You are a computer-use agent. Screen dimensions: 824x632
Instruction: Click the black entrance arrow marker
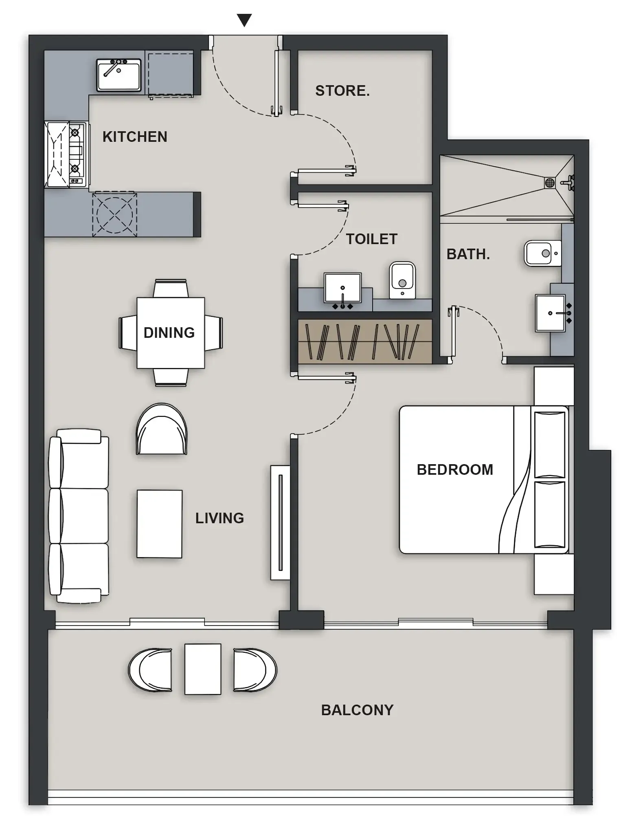click(x=244, y=20)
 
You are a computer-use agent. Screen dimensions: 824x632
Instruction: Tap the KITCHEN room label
click(x=135, y=137)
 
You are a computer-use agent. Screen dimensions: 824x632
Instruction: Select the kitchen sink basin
click(x=118, y=75)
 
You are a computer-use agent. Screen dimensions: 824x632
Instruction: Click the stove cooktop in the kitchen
click(x=75, y=155)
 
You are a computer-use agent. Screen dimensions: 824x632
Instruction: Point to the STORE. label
click(x=342, y=91)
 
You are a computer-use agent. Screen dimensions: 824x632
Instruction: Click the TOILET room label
click(x=371, y=239)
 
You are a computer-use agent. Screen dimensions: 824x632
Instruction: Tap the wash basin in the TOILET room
click(x=342, y=288)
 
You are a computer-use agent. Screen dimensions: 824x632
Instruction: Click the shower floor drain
click(x=549, y=182)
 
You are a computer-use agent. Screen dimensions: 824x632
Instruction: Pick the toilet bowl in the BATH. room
click(x=542, y=253)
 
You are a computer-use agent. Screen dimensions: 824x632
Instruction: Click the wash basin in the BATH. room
click(x=550, y=313)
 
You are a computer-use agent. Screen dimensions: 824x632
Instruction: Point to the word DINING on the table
click(x=169, y=333)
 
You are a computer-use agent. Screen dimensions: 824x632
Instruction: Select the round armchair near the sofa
click(x=162, y=430)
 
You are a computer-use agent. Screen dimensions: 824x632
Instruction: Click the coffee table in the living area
click(x=159, y=524)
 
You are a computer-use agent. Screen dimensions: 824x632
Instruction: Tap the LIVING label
click(x=219, y=518)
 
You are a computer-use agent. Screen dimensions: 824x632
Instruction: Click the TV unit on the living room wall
click(x=280, y=522)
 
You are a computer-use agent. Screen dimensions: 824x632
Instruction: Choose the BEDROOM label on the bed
click(x=455, y=470)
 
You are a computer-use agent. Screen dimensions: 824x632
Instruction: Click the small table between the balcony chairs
click(x=203, y=669)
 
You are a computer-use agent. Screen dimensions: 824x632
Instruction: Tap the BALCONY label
click(x=357, y=710)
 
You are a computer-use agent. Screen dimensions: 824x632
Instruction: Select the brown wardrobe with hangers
click(x=364, y=341)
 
